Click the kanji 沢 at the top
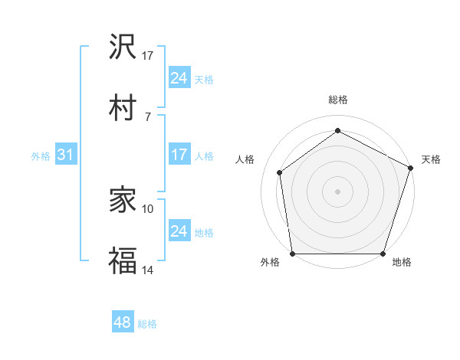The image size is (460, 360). click(x=123, y=48)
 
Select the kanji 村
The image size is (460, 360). click(x=123, y=107)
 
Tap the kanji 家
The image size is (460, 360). click(x=123, y=201)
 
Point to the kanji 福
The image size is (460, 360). click(x=123, y=260)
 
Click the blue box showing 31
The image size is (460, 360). click(x=66, y=155)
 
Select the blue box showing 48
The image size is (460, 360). click(x=123, y=322)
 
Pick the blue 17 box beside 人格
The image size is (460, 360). click(x=179, y=155)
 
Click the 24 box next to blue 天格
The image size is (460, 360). click(x=179, y=78)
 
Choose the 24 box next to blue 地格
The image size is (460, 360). click(x=179, y=231)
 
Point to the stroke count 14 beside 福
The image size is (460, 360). click(x=148, y=270)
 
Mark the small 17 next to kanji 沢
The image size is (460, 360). click(x=148, y=56)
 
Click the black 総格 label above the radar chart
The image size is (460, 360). click(x=338, y=100)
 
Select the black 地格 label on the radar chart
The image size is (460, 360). click(x=402, y=262)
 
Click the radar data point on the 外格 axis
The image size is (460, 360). click(x=292, y=254)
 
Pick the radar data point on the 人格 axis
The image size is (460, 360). click(x=280, y=172)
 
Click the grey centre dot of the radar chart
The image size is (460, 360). click(x=338, y=191)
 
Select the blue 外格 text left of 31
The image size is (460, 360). click(x=41, y=155)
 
